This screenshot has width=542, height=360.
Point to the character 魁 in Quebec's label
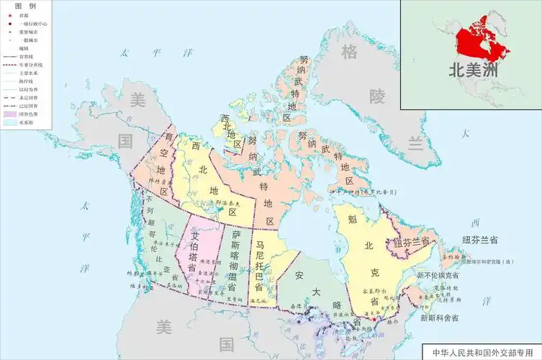tap(351, 219)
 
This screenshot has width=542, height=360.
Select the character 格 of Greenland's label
tap(349, 52)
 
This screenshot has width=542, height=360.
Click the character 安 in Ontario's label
tap(299, 276)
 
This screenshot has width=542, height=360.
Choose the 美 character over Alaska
tap(136, 102)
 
